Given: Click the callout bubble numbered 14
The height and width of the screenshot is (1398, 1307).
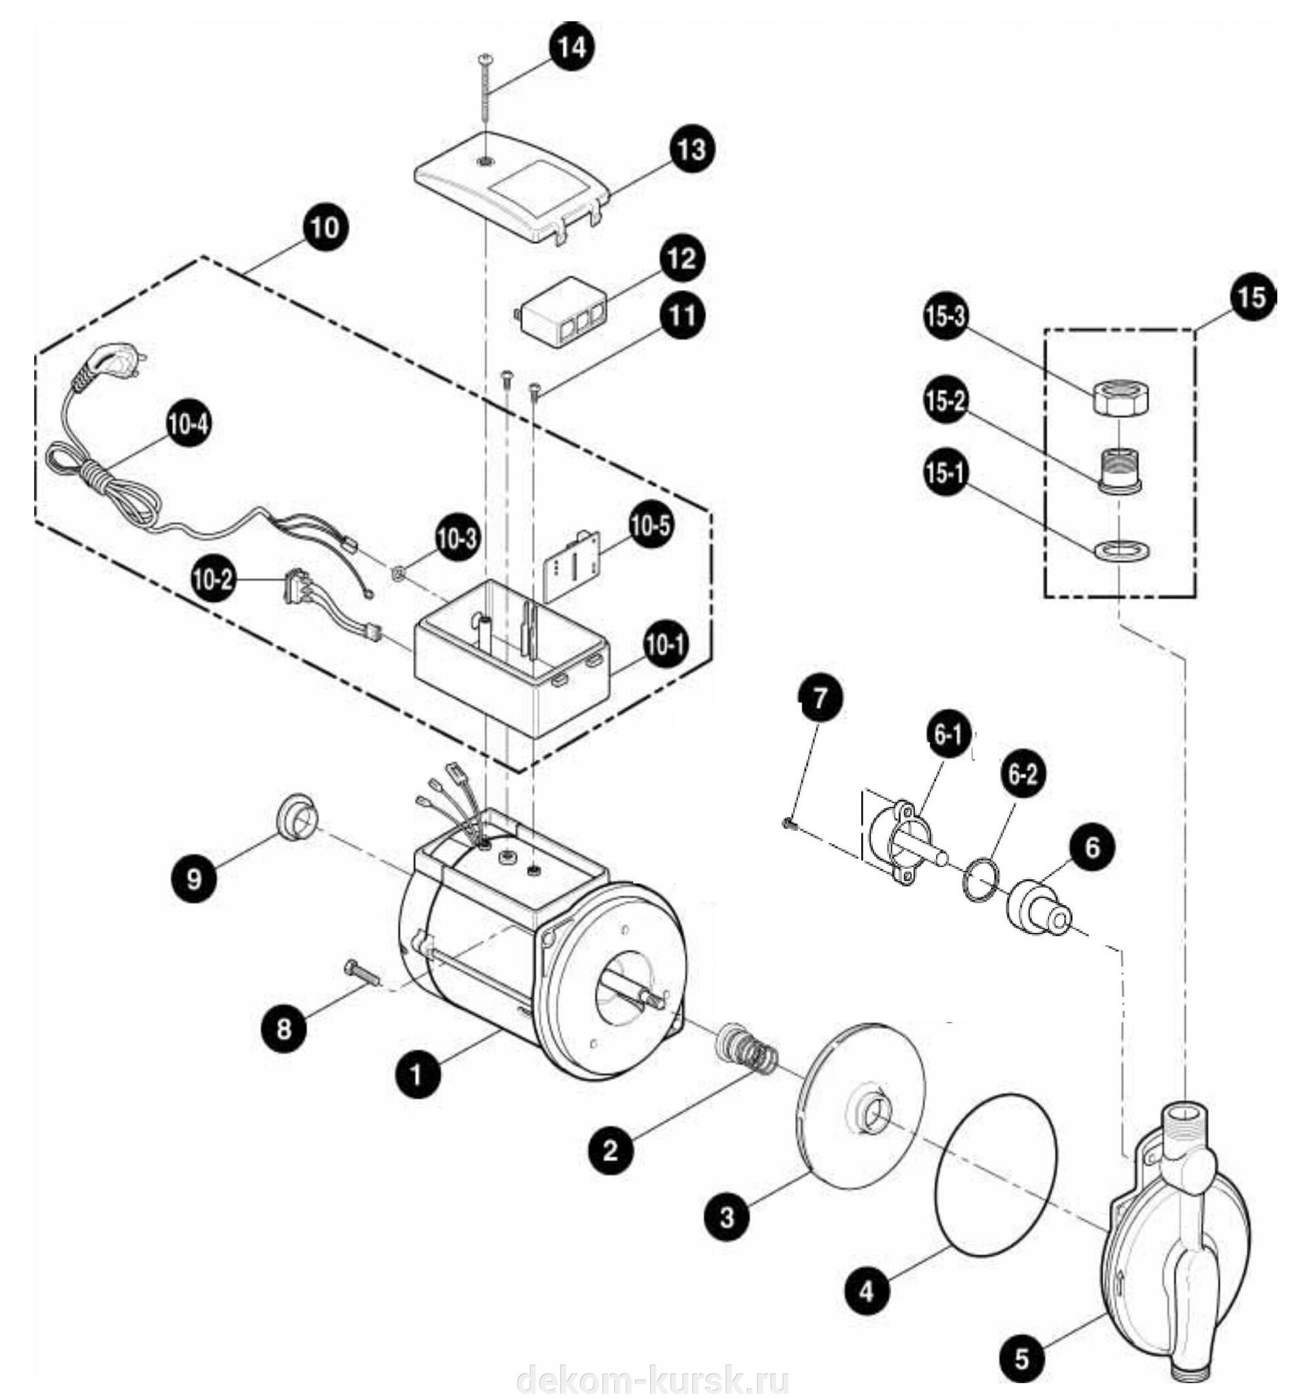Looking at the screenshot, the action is pos(570,48).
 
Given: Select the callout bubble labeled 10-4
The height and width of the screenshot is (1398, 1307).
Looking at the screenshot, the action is pos(189,426).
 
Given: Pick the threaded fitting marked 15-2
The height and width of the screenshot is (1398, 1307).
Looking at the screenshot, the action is pos(1121,473).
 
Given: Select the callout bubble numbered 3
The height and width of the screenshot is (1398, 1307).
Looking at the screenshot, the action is pos(727,1217).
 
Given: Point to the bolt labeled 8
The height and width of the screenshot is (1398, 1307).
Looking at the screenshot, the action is pos(362,974).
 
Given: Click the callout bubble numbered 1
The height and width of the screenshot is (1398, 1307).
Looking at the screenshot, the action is pos(417,1075).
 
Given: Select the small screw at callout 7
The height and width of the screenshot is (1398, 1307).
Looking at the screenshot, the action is pos(789,822).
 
